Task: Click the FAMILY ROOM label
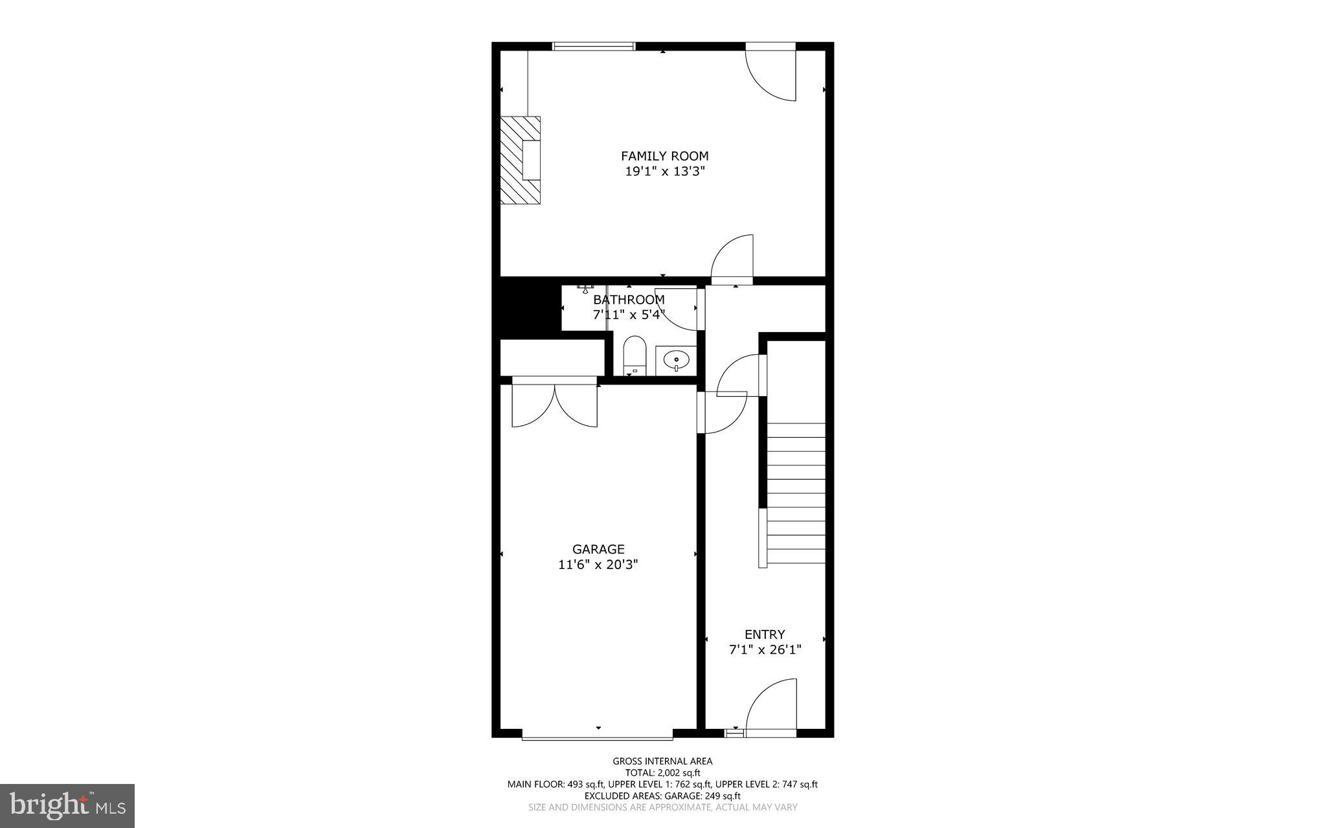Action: tap(664, 156)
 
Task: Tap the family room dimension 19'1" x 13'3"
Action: tap(664, 172)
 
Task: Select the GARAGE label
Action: tap(598, 550)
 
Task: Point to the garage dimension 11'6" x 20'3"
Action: tap(598, 565)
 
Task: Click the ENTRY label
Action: tap(765, 634)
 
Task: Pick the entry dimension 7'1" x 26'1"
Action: tap(765, 650)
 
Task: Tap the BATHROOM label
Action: tap(629, 300)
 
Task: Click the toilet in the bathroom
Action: tap(635, 355)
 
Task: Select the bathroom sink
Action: tap(677, 360)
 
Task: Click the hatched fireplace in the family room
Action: tap(520, 160)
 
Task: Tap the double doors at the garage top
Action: tap(554, 405)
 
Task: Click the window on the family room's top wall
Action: tap(594, 46)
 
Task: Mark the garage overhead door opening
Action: tap(597, 736)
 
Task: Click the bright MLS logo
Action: tap(67, 805)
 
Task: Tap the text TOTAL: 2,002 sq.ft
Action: tap(662, 772)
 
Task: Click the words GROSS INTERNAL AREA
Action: tap(662, 761)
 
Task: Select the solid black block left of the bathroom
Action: tap(526, 308)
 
